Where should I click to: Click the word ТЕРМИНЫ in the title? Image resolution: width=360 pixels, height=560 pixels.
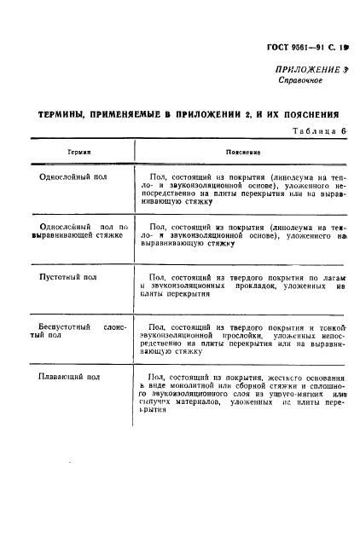[x=65, y=113]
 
